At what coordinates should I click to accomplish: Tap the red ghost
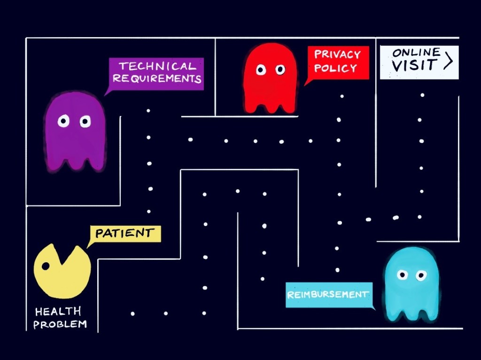click(270, 80)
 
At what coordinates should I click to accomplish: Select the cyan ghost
click(411, 284)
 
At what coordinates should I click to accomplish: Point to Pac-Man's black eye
click(46, 266)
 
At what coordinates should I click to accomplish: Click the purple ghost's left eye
click(63, 122)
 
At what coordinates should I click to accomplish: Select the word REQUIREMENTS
click(157, 78)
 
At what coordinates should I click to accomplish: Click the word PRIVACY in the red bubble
click(337, 55)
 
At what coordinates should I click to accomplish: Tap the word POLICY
click(335, 68)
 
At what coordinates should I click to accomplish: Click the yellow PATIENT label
click(125, 233)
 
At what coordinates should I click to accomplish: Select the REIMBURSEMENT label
click(328, 295)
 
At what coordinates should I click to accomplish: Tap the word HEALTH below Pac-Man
click(58, 312)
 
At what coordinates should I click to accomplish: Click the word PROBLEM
click(60, 324)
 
